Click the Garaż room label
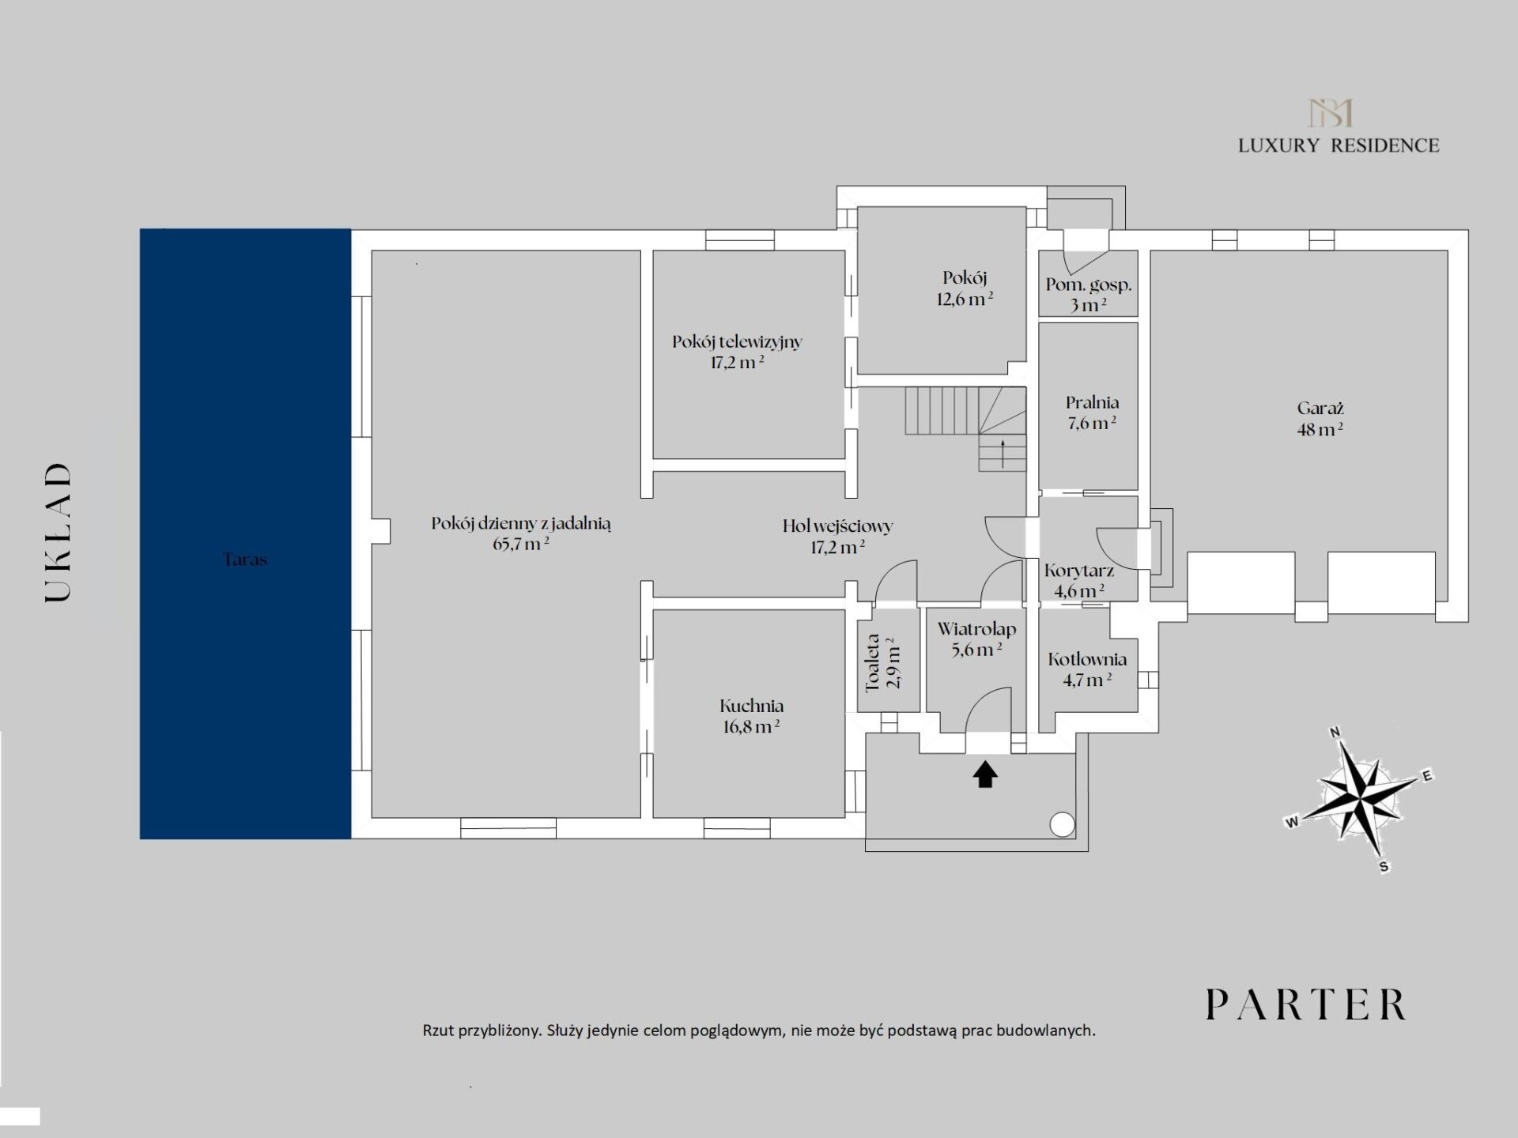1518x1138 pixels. pyautogui.click(x=1320, y=419)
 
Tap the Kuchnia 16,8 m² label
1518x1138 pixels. pyautogui.click(x=751, y=716)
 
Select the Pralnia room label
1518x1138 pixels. pyautogui.click(x=1092, y=413)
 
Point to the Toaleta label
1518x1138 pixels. pyautogui.click(x=883, y=662)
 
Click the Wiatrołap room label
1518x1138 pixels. pyautogui.click(x=976, y=639)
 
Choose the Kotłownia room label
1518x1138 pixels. pyautogui.click(x=1087, y=669)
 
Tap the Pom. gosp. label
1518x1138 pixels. pyautogui.click(x=1089, y=294)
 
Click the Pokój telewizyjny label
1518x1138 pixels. pyautogui.click(x=737, y=352)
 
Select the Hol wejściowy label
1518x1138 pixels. pyautogui.click(x=837, y=536)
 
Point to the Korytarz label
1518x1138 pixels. pyautogui.click(x=1079, y=580)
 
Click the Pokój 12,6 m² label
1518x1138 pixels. pyautogui.click(x=965, y=288)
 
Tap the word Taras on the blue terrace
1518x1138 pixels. pyautogui.click(x=245, y=560)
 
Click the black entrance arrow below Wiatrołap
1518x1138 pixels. pyautogui.click(x=984, y=774)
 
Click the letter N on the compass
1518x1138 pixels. pyautogui.click(x=1335, y=732)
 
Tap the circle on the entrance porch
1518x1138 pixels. pyautogui.click(x=1062, y=824)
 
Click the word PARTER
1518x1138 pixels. pyautogui.click(x=1306, y=1004)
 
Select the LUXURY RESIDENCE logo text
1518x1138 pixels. pyautogui.click(x=1339, y=145)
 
